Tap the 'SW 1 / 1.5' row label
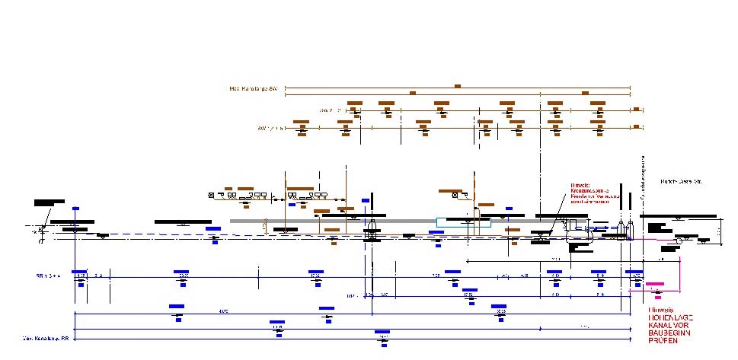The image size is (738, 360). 270,128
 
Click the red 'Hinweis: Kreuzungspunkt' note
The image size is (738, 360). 591,193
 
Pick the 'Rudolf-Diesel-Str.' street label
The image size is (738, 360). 679,183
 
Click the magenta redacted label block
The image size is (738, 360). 654,285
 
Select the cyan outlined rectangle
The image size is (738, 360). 463,222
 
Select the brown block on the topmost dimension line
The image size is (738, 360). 457,86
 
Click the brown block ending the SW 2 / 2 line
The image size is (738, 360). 635,110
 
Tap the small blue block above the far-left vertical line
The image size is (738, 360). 75,208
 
